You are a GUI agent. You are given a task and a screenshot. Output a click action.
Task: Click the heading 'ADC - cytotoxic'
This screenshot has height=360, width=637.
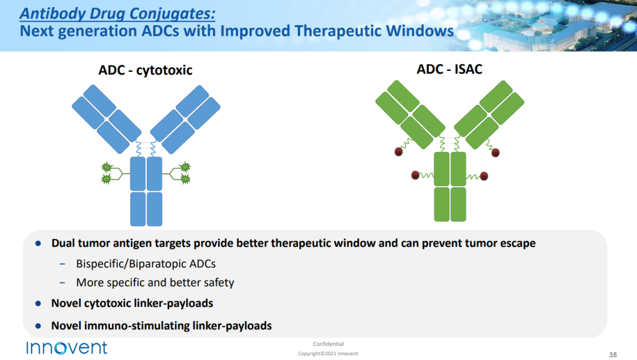coord(145,70)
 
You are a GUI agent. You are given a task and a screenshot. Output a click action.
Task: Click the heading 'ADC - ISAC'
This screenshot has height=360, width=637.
coord(449,69)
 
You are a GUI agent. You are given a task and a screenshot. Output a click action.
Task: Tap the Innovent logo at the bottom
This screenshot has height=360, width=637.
coord(67,348)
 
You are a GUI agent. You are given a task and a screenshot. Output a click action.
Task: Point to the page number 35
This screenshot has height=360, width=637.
coord(613,355)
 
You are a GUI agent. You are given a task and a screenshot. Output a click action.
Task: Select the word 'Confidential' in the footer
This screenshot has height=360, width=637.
coord(329,344)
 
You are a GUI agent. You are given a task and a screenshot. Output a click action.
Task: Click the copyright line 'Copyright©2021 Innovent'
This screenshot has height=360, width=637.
coord(328,354)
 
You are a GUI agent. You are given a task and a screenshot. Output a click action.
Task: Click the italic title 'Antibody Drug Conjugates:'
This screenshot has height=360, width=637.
coord(117,14)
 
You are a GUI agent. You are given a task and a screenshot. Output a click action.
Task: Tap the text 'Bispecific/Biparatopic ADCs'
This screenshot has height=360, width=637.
coord(146,264)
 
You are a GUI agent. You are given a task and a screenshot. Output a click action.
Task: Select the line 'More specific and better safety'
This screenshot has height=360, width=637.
coord(155,282)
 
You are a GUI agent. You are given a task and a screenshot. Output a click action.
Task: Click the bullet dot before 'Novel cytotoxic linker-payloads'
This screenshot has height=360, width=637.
coord(38,303)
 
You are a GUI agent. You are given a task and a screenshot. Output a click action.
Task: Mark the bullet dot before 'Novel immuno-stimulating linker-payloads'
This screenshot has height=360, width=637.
coord(38,325)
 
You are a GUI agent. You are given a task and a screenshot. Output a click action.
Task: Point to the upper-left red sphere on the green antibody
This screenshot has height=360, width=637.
coord(399,152)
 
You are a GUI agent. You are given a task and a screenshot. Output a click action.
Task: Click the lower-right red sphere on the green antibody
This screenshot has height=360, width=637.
coord(484,176)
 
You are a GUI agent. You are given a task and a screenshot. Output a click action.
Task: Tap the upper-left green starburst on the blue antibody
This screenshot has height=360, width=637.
coord(106,167)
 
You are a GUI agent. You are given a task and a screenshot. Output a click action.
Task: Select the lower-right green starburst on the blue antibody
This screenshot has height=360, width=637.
coord(185,179)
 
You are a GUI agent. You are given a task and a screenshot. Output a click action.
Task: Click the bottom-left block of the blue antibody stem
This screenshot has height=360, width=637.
coord(137,209)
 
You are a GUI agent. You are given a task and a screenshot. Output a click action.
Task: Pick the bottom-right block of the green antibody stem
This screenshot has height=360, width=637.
coord(458,204)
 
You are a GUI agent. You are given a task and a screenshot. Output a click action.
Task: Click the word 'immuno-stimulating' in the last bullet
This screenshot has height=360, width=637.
coord(137,326)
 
